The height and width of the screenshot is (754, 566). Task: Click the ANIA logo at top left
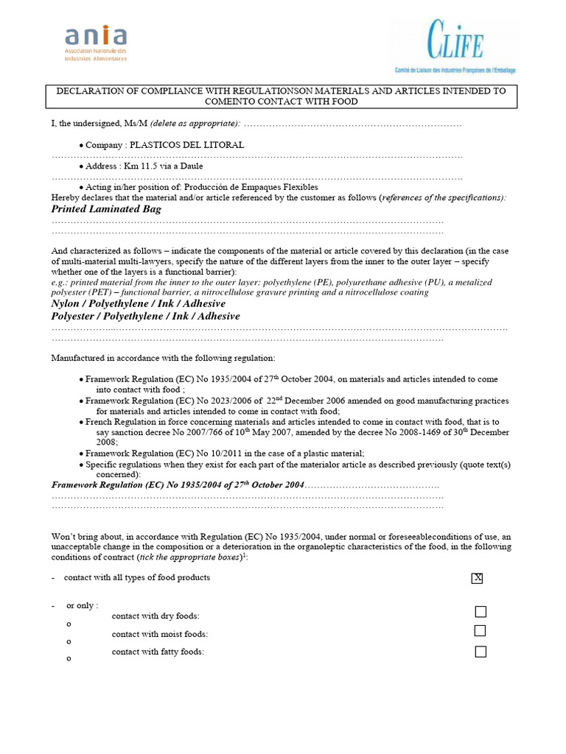click(96, 43)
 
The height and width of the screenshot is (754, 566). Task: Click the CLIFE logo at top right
click(455, 46)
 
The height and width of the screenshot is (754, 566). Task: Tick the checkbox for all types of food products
click(477, 578)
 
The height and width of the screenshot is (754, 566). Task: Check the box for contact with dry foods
click(481, 612)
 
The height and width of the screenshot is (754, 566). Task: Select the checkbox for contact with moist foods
click(481, 631)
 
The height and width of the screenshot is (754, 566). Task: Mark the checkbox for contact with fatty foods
click(481, 652)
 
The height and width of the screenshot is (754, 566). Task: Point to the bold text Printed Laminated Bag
click(106, 209)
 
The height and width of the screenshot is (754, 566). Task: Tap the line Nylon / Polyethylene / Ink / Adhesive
click(139, 303)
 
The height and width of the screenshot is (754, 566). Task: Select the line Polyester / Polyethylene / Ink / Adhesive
click(145, 316)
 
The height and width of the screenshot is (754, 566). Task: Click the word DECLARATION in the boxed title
click(91, 91)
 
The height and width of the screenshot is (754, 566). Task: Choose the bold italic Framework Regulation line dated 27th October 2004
click(178, 485)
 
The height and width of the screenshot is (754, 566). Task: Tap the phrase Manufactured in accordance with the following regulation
click(163, 358)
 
